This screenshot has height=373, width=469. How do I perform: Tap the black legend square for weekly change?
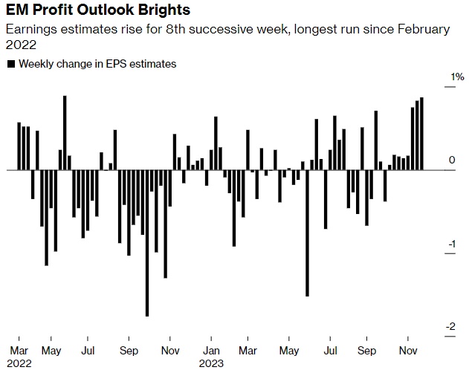click(x=10, y=64)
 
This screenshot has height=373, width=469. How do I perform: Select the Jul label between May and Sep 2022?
click(x=88, y=349)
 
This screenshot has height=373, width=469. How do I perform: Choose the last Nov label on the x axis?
click(x=409, y=349)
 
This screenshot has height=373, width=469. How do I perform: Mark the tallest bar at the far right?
click(x=421, y=134)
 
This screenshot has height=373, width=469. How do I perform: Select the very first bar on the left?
click(x=19, y=146)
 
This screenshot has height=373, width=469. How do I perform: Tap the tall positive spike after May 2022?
click(x=65, y=133)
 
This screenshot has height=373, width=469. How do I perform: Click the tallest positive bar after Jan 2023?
click(x=216, y=143)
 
